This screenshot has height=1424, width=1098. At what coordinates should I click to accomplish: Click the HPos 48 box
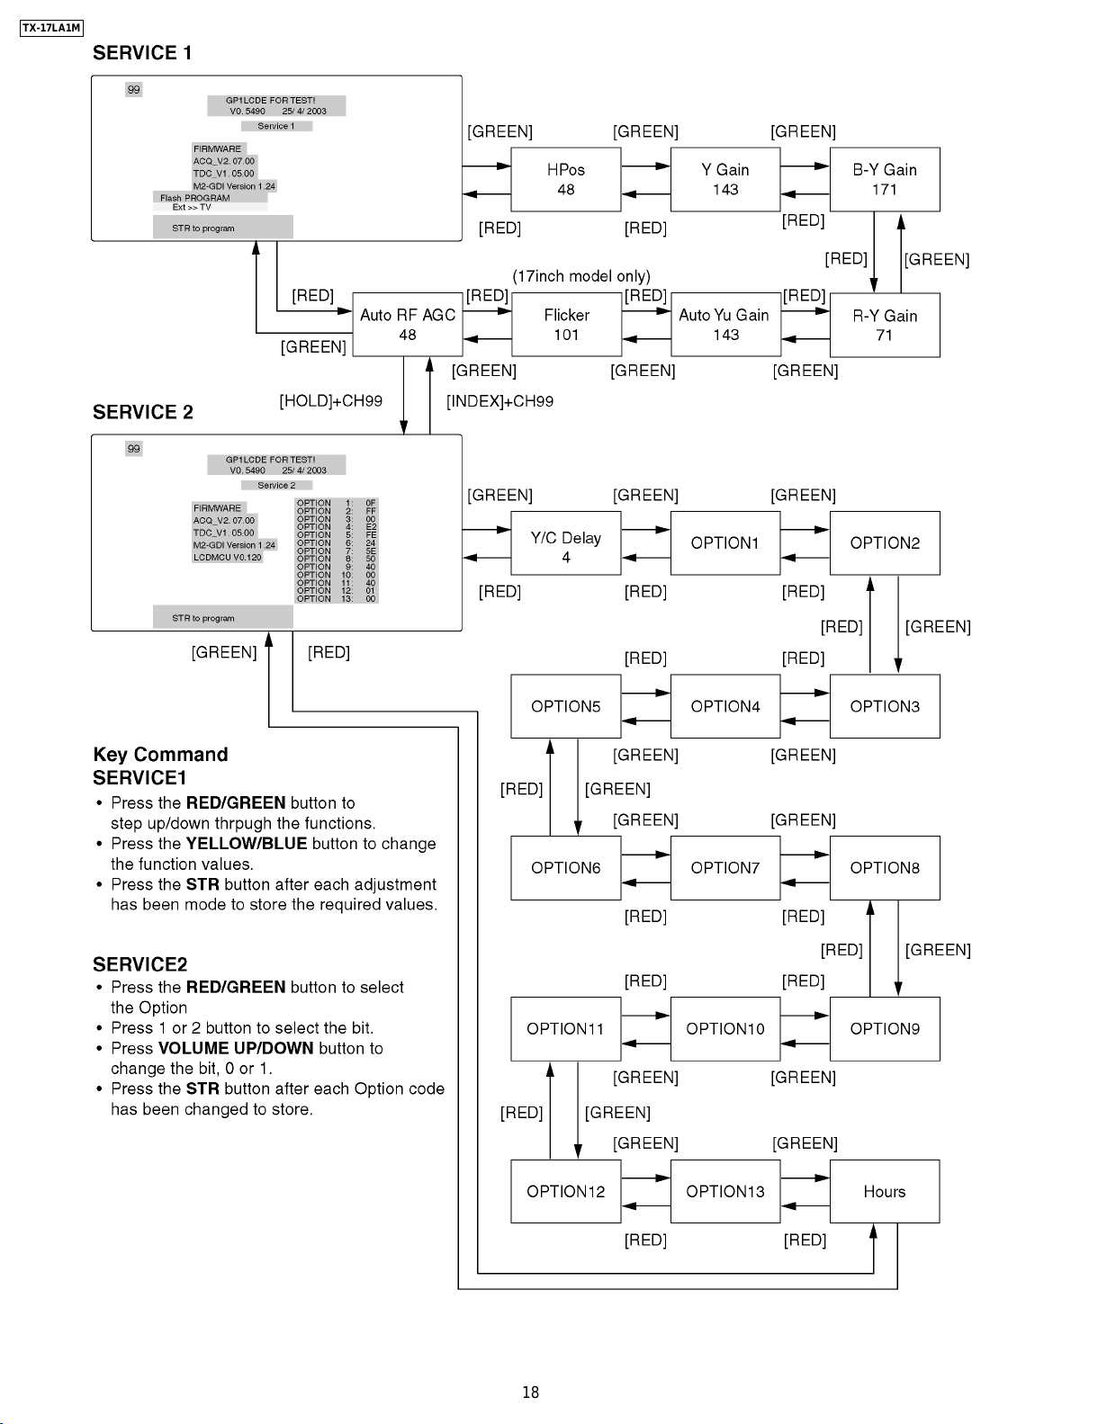tap(566, 179)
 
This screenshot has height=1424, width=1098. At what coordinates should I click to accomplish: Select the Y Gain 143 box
tap(725, 179)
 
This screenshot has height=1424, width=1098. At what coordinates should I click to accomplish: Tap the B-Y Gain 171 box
tap(885, 179)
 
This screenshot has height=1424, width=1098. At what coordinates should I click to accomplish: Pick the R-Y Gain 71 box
tap(885, 325)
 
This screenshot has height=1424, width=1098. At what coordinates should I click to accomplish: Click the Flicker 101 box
tap(566, 325)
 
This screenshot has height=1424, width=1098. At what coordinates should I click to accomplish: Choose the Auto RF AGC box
tap(408, 325)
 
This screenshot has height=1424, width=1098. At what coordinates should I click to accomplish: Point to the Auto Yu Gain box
tap(725, 325)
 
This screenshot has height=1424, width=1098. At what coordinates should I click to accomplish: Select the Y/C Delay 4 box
tap(566, 543)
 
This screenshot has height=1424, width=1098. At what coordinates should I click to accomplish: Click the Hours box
tap(885, 1191)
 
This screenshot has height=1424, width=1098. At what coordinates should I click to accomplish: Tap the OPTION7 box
tap(725, 868)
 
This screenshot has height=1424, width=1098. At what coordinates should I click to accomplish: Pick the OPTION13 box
tap(725, 1191)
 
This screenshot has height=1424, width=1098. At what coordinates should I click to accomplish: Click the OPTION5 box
tap(566, 706)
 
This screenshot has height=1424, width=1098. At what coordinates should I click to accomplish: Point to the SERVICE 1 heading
tap(142, 53)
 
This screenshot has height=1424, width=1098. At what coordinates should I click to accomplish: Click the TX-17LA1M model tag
tap(52, 28)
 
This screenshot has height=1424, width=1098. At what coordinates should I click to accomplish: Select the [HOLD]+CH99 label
tap(331, 400)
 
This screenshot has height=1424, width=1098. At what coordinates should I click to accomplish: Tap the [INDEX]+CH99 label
tap(500, 401)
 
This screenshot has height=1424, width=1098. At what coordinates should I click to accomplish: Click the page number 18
tap(531, 1392)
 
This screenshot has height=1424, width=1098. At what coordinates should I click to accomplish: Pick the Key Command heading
tap(160, 754)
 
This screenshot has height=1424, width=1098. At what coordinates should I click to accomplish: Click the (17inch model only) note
tap(581, 276)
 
